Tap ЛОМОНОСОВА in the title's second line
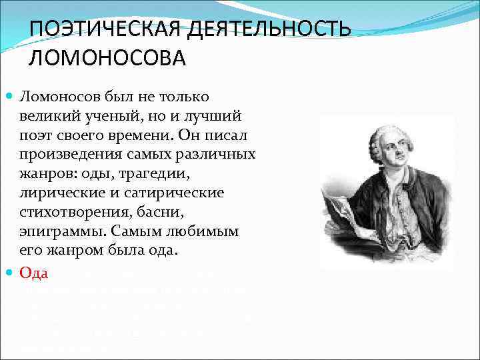(x=107, y=58)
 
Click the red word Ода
(x=34, y=273)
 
